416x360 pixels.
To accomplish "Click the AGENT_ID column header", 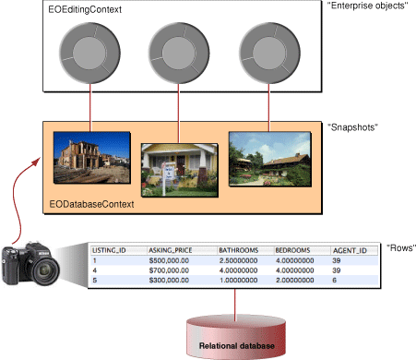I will pos(349,249).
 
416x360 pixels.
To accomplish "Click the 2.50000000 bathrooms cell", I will pos(241,260).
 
